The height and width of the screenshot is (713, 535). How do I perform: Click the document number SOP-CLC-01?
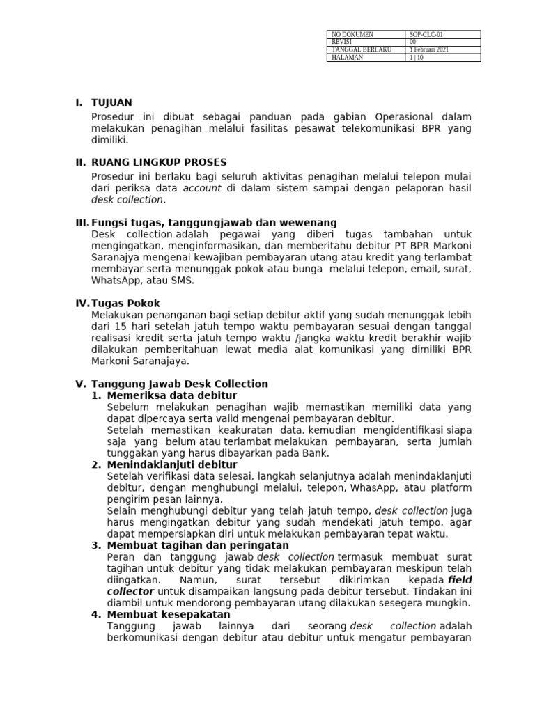(426, 34)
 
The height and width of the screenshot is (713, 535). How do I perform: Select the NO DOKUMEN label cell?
(352, 34)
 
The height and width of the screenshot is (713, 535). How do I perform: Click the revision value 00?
(413, 42)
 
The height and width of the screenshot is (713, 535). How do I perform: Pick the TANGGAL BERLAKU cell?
(362, 50)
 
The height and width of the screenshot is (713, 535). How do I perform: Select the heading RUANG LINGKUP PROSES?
(159, 162)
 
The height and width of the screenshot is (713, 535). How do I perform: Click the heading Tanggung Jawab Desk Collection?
(180, 384)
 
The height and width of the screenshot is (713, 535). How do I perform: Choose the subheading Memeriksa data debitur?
(172, 395)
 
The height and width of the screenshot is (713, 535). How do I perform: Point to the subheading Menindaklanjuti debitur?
(172, 464)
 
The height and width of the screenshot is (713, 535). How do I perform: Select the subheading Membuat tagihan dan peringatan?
(198, 545)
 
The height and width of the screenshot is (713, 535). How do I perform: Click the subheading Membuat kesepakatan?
(169, 614)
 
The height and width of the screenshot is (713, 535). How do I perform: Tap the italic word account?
(203, 188)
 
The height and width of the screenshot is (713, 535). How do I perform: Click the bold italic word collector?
(127, 591)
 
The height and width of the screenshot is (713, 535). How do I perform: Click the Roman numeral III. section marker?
(82, 222)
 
